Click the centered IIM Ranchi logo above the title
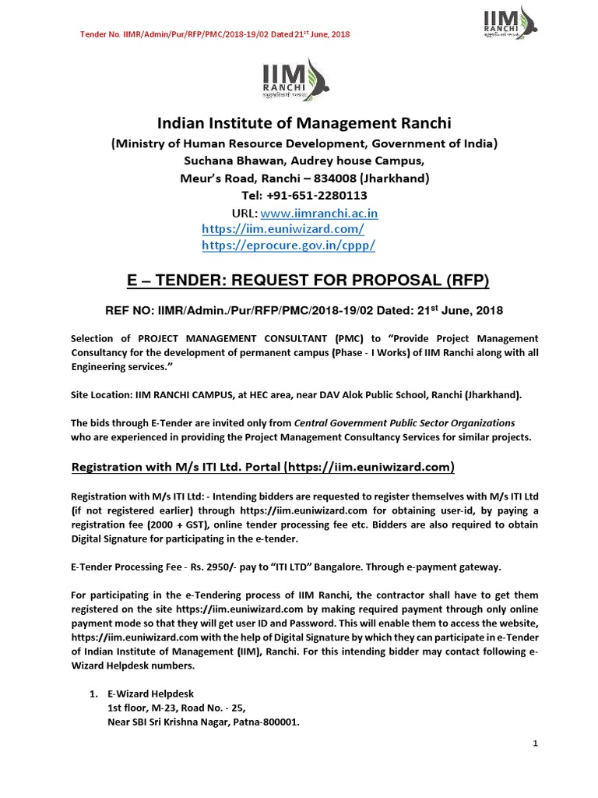300,83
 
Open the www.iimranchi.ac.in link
319,213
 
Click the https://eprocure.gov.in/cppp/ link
288,245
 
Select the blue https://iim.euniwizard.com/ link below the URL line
282,229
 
